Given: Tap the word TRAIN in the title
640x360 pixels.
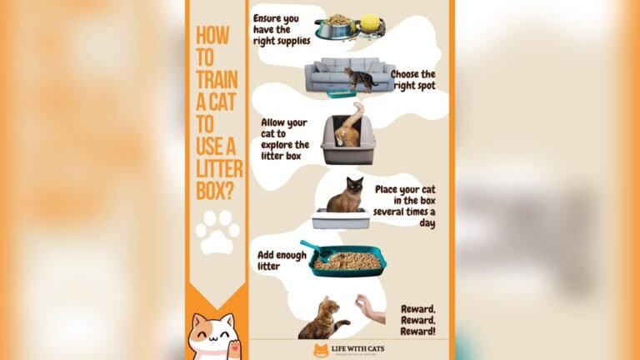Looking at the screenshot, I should (217, 81).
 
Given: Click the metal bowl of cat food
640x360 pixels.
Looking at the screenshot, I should (336, 27).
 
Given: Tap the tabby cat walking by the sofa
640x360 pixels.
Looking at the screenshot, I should (360, 79).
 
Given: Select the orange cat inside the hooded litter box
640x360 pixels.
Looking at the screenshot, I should (349, 128).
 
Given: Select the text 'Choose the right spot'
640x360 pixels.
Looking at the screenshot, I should (412, 79).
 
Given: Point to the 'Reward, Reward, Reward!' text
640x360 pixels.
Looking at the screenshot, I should (417, 320).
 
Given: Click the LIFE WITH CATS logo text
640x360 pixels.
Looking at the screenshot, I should (361, 347).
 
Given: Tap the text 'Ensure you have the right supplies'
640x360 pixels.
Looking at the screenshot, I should (281, 28).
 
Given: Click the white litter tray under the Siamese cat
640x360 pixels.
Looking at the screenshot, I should (340, 220).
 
